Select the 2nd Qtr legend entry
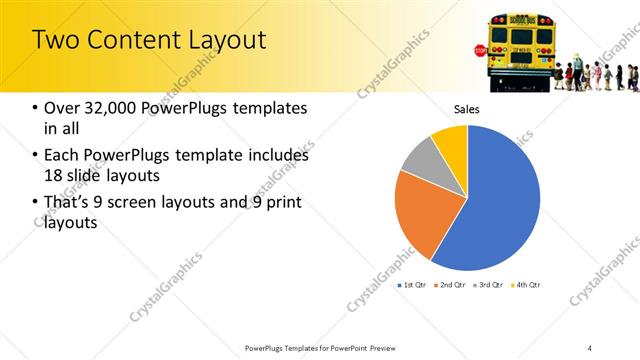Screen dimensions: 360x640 pos(450,286)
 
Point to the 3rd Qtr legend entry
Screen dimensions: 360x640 pos(488,286)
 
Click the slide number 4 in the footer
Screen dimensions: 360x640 pos(590,348)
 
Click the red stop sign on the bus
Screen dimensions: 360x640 pos(480,50)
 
